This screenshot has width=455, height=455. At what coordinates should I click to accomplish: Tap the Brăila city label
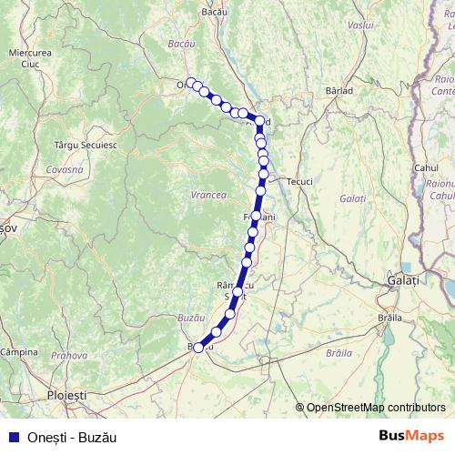pyautogui.click(x=389, y=318)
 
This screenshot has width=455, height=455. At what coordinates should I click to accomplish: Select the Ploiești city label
pyautogui.click(x=66, y=396)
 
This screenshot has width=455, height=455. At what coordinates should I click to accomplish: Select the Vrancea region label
pyautogui.click(x=207, y=195)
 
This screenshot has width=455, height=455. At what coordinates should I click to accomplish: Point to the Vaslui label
pyautogui.click(x=360, y=25)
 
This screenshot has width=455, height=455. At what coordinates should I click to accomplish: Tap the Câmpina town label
pyautogui.click(x=18, y=351)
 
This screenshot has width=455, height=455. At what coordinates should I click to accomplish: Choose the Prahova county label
pyautogui.click(x=68, y=356)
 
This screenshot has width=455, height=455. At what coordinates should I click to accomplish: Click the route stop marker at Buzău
pyautogui.click(x=198, y=347)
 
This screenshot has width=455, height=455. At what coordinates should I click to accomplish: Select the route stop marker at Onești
pyautogui.click(x=190, y=82)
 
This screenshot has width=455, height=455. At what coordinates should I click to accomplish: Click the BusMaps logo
pyautogui.click(x=411, y=436)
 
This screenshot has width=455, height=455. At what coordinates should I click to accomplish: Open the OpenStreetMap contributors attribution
pyautogui.click(x=375, y=408)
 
